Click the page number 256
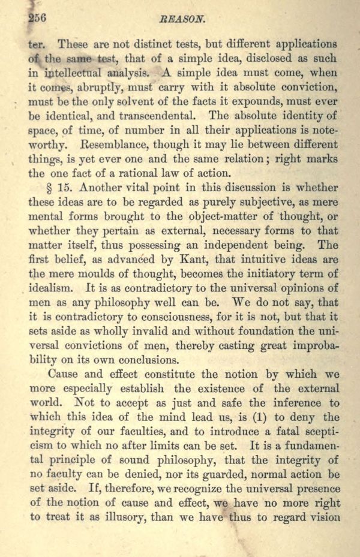pos(38,19)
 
